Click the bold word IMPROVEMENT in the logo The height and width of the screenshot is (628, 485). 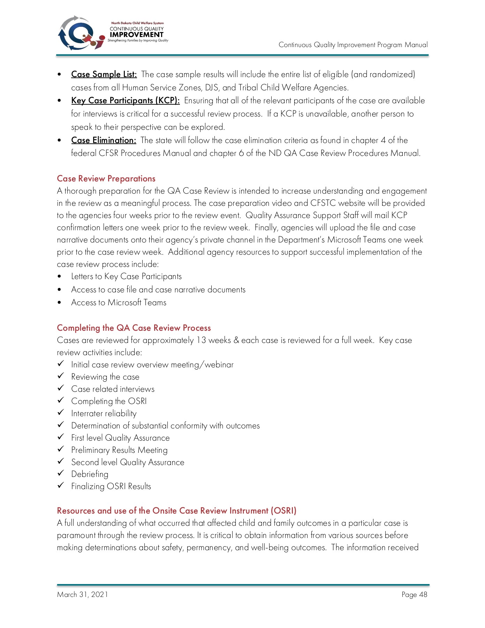pos(136,35)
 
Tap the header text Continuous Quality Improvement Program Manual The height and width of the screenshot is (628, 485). pos(353,45)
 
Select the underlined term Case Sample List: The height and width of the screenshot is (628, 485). pos(104,74)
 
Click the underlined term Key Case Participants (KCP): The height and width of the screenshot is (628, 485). pos(125,100)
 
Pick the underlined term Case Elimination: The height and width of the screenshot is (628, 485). pos(104,140)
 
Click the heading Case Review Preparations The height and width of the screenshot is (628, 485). pos(106,179)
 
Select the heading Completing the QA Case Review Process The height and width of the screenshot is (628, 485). pos(134,328)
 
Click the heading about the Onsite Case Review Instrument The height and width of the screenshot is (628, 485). pos(176,511)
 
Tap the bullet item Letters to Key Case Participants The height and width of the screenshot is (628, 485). pos(126,276)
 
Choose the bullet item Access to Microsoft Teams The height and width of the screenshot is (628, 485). pos(119,302)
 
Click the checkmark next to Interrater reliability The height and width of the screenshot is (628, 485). pos(61,412)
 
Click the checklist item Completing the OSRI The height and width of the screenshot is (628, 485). pos(109,401)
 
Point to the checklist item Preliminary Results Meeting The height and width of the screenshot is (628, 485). pos(119,450)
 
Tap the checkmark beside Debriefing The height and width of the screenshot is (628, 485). pos(61,473)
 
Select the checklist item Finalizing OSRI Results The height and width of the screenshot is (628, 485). pos(111,486)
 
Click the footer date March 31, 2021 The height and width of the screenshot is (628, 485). pos(82,595)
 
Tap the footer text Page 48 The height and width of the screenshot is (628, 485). pos(414,595)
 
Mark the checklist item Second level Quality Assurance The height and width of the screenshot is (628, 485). pos(128,462)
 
